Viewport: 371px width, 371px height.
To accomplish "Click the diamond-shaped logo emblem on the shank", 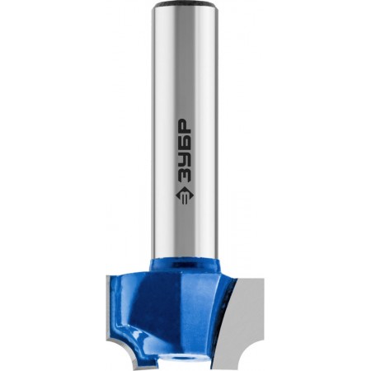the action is pyautogui.click(x=182, y=196).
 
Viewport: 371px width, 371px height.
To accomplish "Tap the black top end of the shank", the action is pyautogui.click(x=185, y=4).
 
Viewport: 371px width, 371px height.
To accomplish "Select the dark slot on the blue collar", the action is pyautogui.click(x=181, y=265).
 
